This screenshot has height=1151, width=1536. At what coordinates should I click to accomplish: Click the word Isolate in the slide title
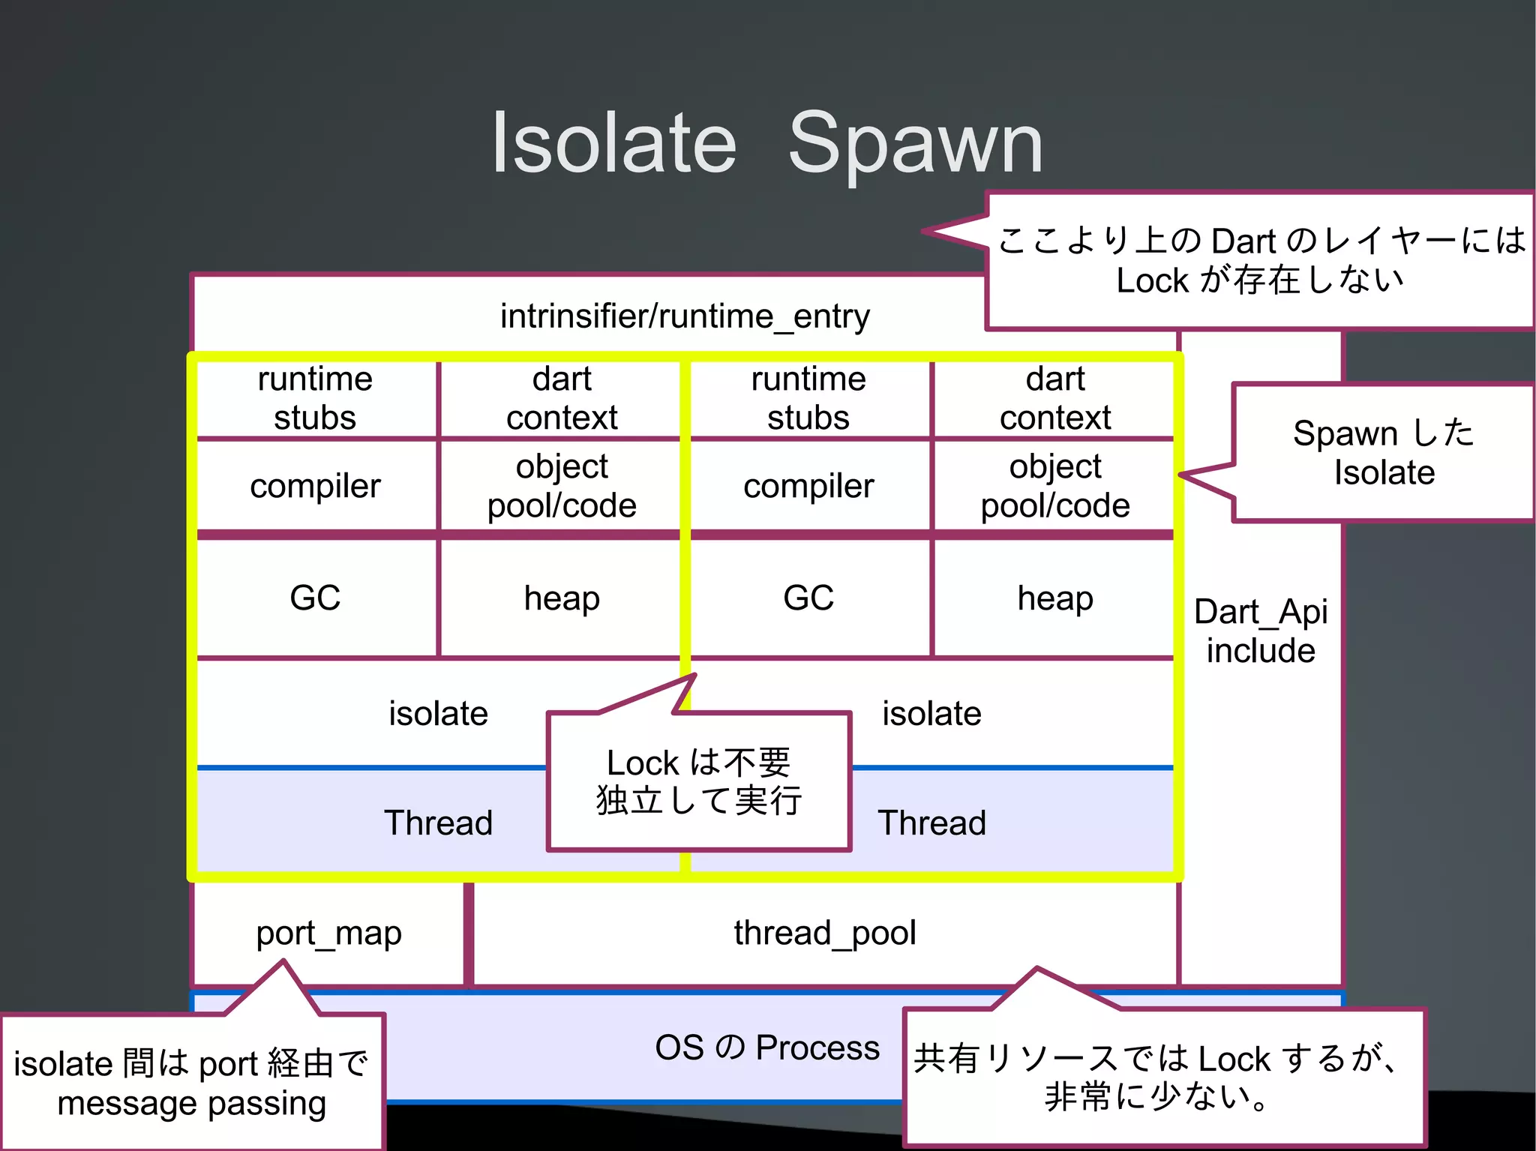613,142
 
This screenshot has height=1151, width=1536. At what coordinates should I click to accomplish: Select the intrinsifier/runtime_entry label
684,316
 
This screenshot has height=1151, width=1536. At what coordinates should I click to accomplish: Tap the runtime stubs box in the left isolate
315,398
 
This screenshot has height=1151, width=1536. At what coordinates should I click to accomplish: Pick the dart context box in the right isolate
1054,398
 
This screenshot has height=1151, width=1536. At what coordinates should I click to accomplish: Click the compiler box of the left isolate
315,486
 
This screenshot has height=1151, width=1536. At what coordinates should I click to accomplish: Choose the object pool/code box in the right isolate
1054,486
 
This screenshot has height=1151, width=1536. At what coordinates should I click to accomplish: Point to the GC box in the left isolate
315,598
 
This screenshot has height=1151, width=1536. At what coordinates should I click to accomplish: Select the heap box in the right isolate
1054,598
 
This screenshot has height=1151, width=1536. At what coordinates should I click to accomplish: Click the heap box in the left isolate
561,598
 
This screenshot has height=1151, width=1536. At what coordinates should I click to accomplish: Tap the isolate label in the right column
931,713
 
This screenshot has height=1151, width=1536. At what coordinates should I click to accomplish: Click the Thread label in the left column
438,823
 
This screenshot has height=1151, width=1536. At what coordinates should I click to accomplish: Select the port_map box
328,933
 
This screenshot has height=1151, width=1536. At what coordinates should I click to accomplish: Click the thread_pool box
825,933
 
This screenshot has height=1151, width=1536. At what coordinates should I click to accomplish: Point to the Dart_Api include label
1260,631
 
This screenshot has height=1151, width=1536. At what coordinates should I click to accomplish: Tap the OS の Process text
766,1047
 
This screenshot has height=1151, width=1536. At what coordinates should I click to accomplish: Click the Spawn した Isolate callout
1383,453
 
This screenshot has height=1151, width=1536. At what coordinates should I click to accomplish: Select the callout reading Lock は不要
699,763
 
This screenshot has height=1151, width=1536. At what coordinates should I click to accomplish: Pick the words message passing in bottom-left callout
192,1103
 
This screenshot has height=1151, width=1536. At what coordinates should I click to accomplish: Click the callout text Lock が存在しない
1260,280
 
